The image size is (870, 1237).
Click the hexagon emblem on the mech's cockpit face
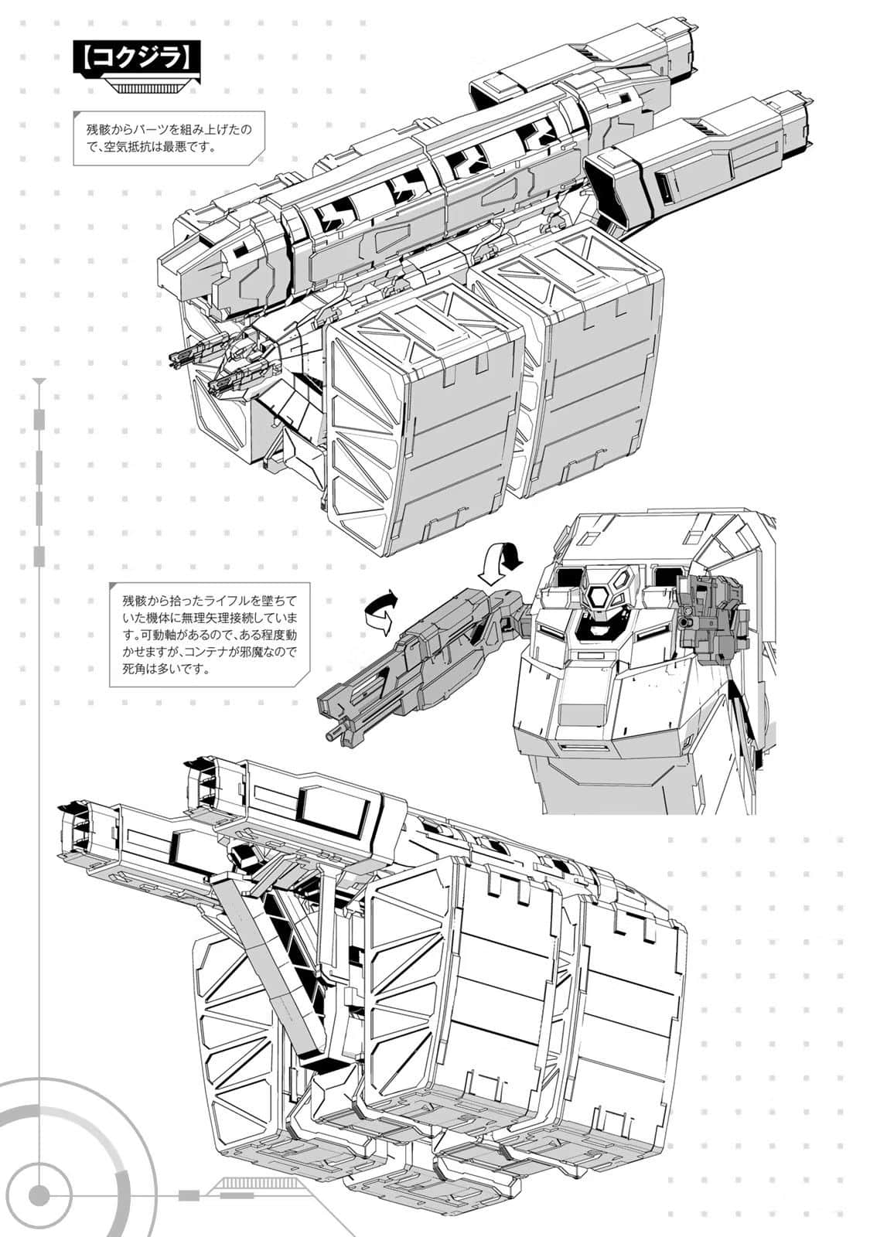point(599,598)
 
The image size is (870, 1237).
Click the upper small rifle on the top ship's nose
point(189,354)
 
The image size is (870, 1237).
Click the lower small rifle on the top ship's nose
point(228,382)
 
